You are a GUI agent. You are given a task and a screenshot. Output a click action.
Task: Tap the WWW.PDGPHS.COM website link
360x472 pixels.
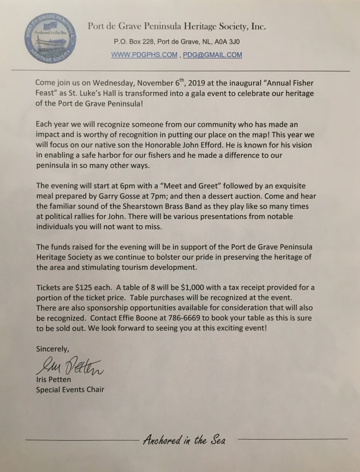[x=144, y=55]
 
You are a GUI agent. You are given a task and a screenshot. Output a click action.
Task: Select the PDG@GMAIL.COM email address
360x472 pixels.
[x=212, y=55]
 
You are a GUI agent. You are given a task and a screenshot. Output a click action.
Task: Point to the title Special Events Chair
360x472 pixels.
[x=70, y=390]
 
